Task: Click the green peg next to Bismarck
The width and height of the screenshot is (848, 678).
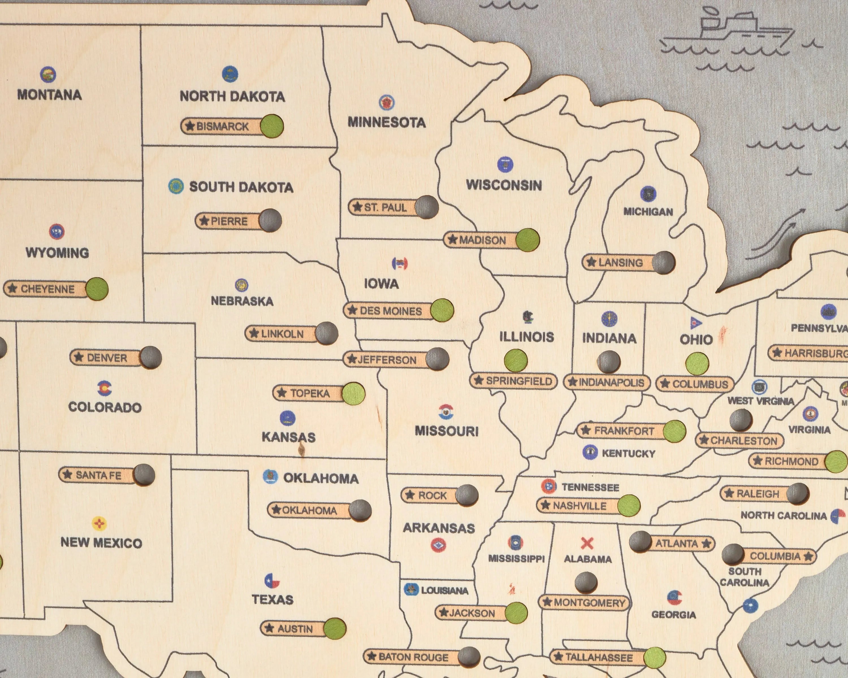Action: [272, 126]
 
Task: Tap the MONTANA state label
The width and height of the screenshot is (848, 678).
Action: [49, 95]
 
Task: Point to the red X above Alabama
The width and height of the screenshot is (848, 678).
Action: [587, 544]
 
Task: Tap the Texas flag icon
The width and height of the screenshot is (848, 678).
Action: [272, 581]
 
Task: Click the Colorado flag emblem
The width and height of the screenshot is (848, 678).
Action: [105, 388]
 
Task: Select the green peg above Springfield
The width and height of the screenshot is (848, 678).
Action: [516, 360]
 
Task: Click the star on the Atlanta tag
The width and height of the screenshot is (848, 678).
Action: [706, 544]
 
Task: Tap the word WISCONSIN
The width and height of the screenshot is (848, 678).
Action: [504, 185]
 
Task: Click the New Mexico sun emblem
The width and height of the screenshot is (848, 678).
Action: [99, 523]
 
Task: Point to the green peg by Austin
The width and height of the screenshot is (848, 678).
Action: [335, 629]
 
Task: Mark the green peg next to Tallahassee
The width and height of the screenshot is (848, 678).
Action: [654, 658]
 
